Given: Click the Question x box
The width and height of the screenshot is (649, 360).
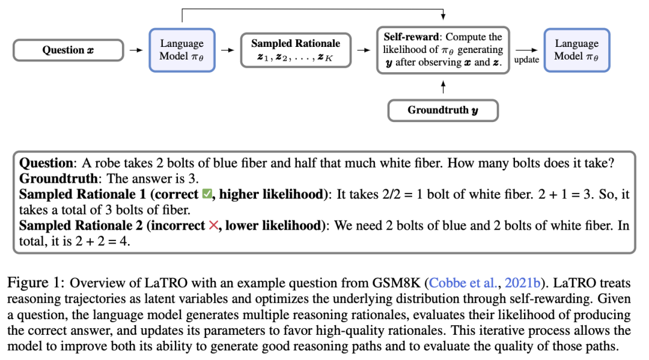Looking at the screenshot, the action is tap(69, 50).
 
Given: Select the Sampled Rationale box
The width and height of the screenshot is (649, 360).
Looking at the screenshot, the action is tap(296, 50).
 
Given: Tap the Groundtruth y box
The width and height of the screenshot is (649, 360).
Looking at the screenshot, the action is tap(443, 110).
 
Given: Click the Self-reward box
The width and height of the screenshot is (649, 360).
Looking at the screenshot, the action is tap(443, 50).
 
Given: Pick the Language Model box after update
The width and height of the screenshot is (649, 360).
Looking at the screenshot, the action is tap(576, 50).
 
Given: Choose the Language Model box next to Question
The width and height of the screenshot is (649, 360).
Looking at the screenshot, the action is tap(182, 50).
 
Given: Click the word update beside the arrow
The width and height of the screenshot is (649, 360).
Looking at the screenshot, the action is tap(526, 59).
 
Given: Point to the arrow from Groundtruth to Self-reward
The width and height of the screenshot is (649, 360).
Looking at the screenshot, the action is tap(443, 87).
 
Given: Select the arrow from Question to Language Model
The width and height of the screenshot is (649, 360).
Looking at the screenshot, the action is tap(136, 50).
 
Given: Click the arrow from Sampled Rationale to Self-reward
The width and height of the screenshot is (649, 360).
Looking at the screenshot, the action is tap(364, 50).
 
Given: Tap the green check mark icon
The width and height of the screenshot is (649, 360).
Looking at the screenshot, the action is tap(207, 194).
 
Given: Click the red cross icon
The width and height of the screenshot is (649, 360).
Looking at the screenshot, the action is tap(213, 225).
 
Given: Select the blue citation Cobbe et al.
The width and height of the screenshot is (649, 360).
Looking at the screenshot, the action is tap(462, 283).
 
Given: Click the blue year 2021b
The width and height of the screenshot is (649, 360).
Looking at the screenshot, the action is tap(522, 283).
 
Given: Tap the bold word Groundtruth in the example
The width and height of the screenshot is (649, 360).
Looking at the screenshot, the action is tap(58, 178).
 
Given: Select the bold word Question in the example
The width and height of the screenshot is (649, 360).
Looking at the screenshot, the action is tap(46, 163).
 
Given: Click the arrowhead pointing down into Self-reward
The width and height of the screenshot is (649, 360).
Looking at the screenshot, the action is tap(443, 17).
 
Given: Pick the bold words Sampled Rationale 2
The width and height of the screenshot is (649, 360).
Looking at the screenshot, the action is tap(81, 225).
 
